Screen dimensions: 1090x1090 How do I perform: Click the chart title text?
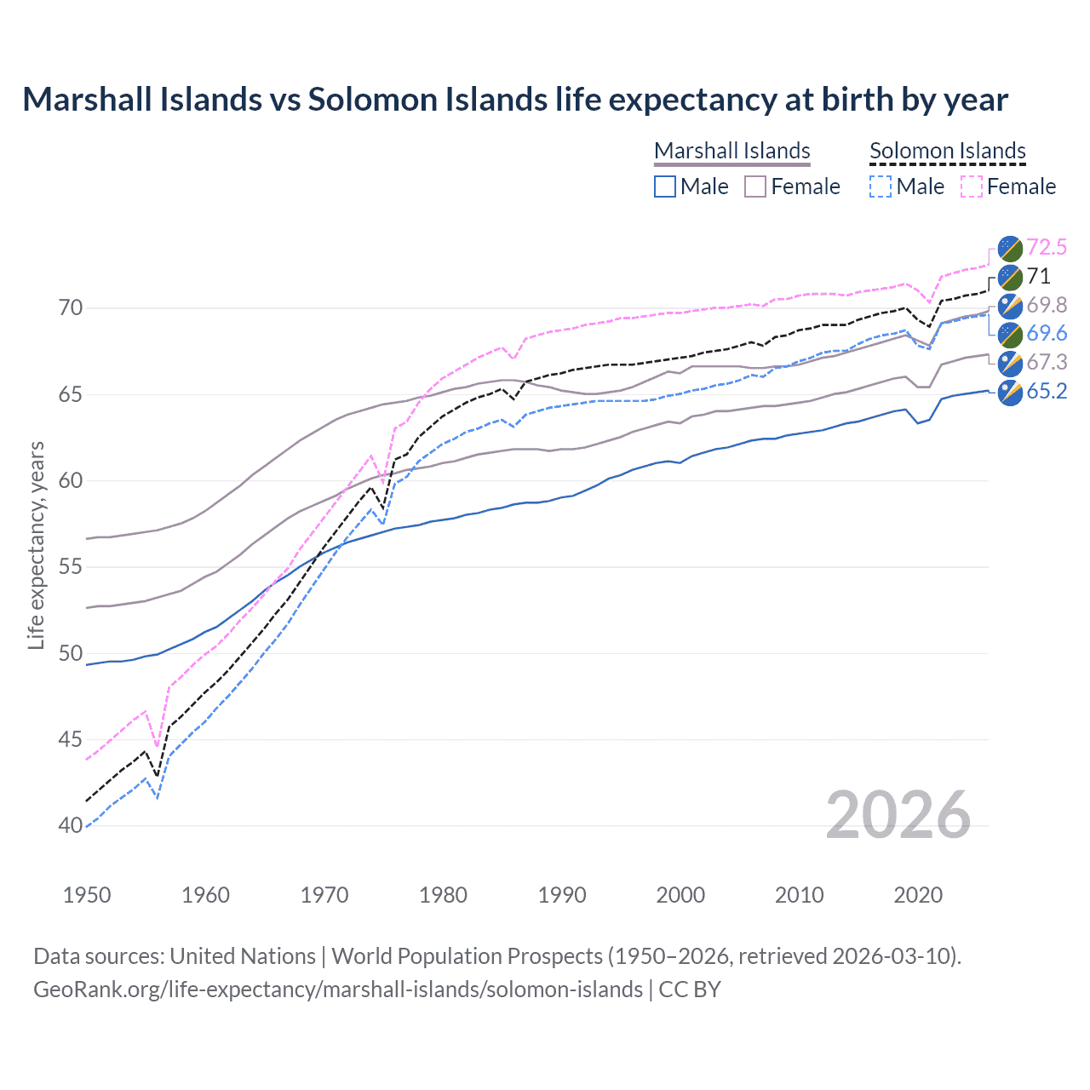coord(515,100)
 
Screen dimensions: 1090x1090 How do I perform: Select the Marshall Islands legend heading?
coord(731,151)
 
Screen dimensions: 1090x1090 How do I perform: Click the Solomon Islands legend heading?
coord(947,151)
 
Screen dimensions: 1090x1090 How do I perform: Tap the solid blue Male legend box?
coord(665,186)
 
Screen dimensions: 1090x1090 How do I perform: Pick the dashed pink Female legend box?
coord(971,186)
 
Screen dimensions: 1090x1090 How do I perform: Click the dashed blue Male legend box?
coord(881,186)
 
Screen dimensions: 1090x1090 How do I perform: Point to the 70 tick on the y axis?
coord(71,307)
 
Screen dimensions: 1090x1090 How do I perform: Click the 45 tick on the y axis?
coord(71,739)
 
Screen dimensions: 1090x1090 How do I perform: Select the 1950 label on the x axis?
coord(87,895)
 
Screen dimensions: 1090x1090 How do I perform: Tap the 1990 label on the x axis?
coord(562,895)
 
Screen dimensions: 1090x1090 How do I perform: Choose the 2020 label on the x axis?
coord(918,895)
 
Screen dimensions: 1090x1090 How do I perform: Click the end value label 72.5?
coord(1046,248)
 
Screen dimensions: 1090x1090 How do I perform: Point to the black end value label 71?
coord(1038,277)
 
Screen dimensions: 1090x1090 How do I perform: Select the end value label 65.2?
coord(1046,392)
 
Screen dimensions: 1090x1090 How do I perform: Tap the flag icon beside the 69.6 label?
coord(1010,335)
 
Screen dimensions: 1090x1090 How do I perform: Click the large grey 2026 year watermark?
coord(898,815)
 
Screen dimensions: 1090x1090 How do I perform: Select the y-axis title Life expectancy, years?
coord(36,545)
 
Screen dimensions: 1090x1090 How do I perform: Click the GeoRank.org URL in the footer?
coord(338,990)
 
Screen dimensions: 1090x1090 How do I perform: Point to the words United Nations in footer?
coord(243,956)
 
